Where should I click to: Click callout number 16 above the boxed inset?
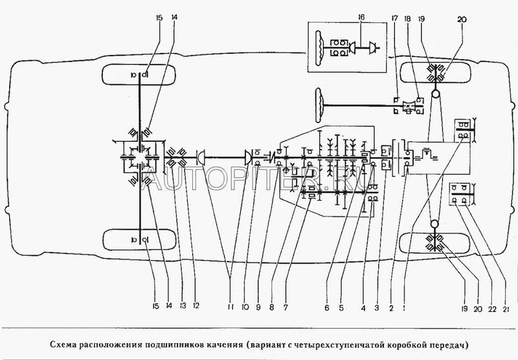(x=362, y=17)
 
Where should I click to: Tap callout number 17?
(x=395, y=19)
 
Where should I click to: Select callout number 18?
(x=408, y=19)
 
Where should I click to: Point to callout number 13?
(x=183, y=306)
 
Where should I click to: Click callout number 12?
(x=196, y=306)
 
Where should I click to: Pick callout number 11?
(x=231, y=307)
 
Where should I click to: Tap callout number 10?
(x=245, y=307)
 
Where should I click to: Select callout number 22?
(x=492, y=309)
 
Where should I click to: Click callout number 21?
(x=506, y=309)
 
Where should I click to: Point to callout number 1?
(x=404, y=308)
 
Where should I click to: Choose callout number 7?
(x=286, y=308)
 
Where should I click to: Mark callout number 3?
(x=377, y=308)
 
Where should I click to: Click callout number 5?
(x=341, y=308)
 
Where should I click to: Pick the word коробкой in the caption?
(x=408, y=345)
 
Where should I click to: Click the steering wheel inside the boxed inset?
(x=319, y=49)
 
